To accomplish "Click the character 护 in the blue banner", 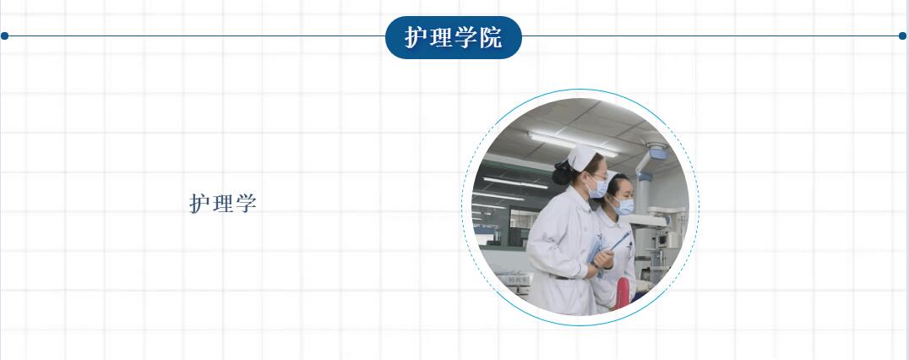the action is [416, 38].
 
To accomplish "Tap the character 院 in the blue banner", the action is [491, 38].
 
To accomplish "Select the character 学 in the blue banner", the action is [465, 38].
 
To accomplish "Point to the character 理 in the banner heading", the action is [441, 38].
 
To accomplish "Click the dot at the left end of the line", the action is [4, 36].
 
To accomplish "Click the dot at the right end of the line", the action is [902, 36].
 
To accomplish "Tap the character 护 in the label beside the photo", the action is [199, 204].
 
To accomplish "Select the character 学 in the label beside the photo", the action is [246, 204].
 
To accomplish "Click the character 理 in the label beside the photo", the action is [223, 204].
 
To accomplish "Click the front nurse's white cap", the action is [581, 158].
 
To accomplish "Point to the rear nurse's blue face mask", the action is [623, 206].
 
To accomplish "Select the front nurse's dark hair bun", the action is [561, 172].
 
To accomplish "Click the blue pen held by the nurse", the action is [620, 241].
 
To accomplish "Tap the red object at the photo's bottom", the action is [622, 293].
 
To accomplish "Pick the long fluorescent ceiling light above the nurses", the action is [572, 145].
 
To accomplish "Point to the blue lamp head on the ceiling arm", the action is [657, 152].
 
